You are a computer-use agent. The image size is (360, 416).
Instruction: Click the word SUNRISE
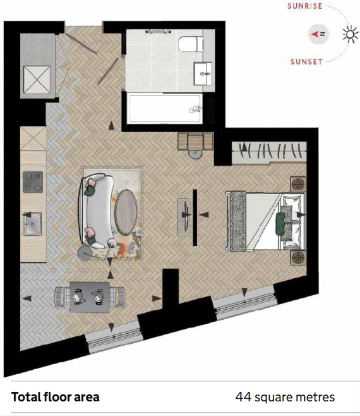304,6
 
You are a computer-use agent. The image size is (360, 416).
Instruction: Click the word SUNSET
306,62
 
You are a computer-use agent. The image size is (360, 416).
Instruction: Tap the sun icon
350,34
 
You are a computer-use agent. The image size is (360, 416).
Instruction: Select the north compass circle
318,34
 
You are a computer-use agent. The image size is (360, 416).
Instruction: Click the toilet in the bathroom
190,44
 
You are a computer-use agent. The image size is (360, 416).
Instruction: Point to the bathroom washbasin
203,74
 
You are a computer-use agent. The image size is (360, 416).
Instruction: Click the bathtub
164,108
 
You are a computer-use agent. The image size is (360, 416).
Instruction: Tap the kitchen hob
33,182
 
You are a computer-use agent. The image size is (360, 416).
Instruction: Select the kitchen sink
33,224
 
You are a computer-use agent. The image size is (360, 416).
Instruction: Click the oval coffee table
126,212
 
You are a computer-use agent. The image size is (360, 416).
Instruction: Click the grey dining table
90,297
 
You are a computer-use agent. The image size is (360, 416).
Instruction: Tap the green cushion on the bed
280,223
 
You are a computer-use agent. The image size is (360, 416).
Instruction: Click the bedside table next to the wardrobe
298,183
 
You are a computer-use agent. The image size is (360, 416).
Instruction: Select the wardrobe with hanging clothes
269,152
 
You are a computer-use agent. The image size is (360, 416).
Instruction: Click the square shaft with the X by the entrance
37,80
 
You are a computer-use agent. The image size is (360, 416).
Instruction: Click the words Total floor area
55,397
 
